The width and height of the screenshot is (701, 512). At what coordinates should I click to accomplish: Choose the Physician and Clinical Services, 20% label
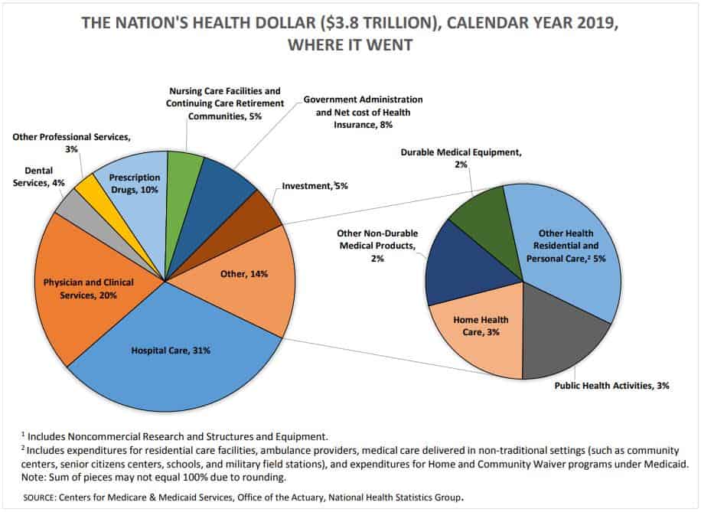click(88, 289)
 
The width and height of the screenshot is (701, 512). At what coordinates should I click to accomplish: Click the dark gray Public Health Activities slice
click(566, 337)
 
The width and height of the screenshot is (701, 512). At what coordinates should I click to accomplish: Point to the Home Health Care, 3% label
click(481, 325)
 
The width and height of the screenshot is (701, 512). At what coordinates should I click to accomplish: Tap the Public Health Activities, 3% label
click(611, 386)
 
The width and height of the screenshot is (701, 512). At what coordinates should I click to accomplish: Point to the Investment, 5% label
click(315, 186)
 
